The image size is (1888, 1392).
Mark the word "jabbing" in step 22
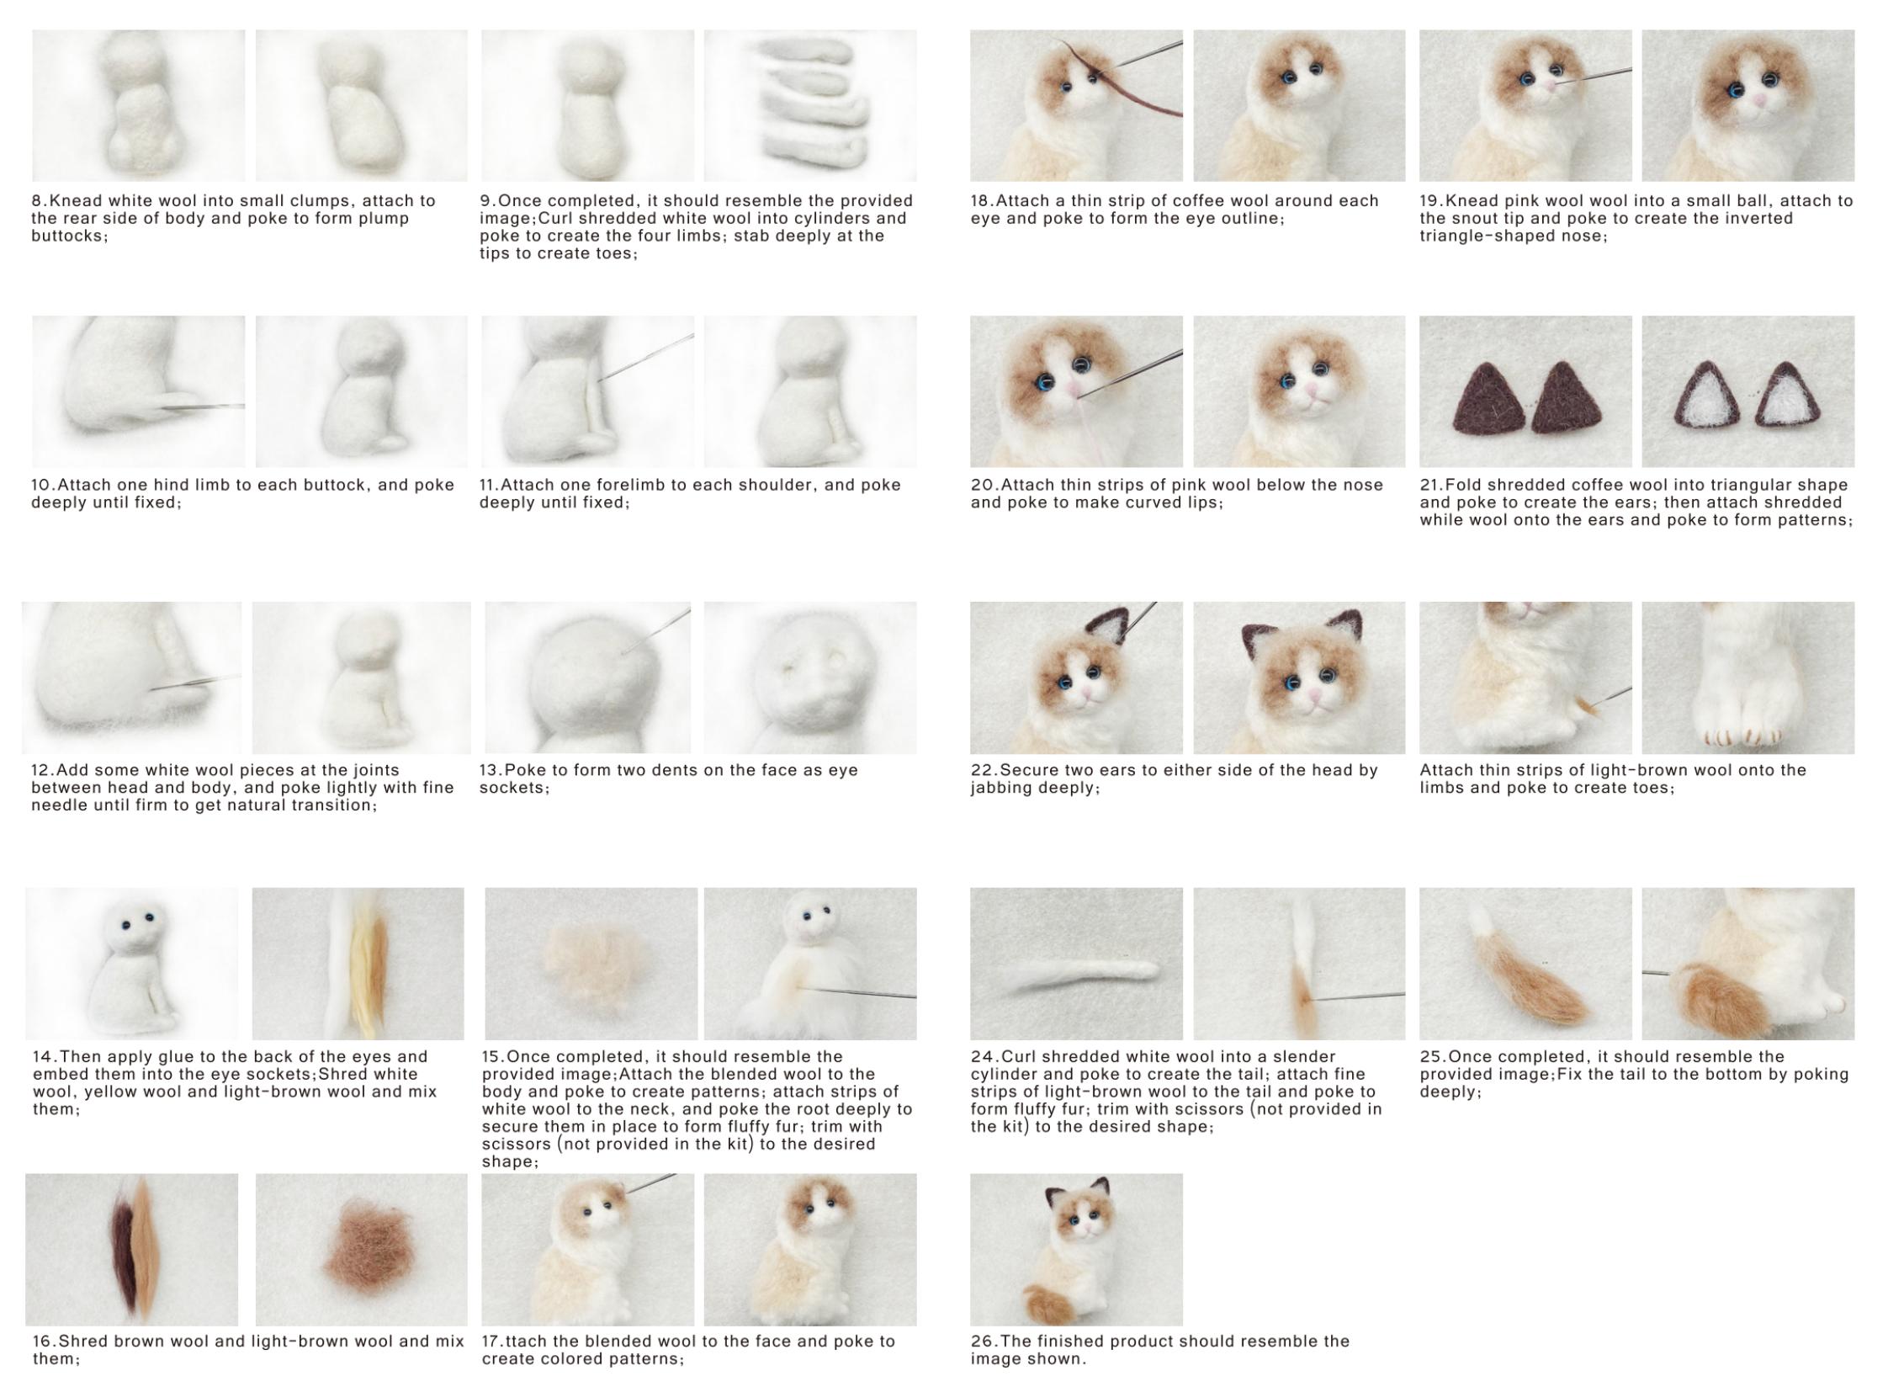(x=1005, y=788)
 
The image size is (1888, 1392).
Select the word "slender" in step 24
(x=1304, y=1056)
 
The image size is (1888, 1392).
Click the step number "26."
(x=983, y=1341)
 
